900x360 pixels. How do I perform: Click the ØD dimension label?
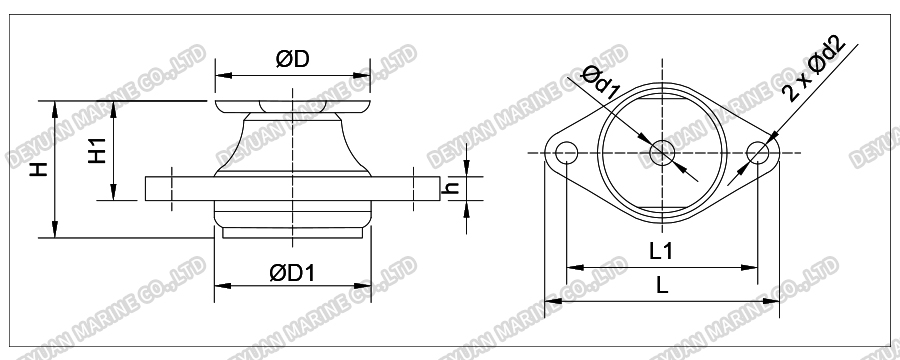tap(291, 60)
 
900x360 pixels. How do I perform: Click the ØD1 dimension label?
tap(292, 270)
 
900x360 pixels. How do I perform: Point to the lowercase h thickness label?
tap(451, 189)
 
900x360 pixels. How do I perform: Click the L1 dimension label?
tap(659, 252)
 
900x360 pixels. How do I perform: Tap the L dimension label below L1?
tap(661, 285)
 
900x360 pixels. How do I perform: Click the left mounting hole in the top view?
tap(565, 153)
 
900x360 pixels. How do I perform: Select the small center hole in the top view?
tap(661, 153)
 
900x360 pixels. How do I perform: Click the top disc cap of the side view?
tap(291, 104)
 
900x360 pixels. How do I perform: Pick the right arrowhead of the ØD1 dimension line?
tap(365, 284)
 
